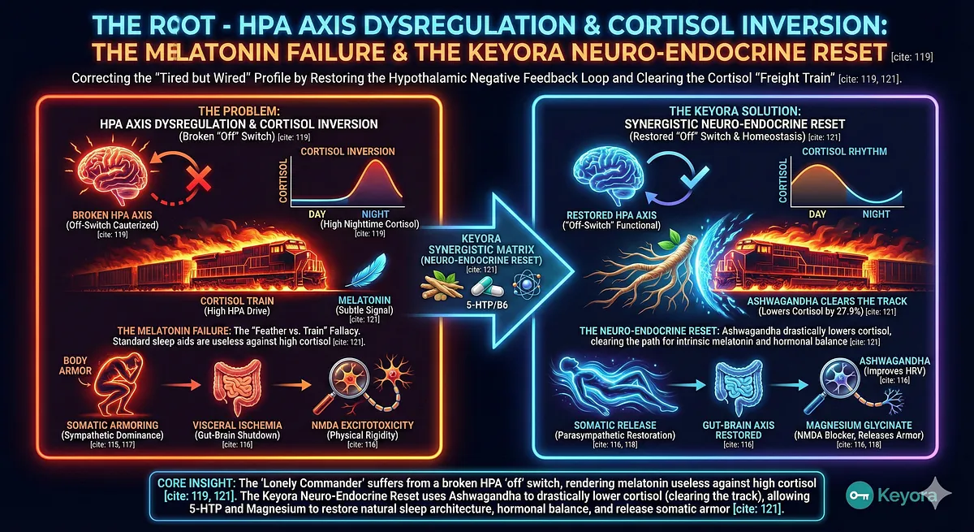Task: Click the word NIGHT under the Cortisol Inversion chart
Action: (x=370, y=214)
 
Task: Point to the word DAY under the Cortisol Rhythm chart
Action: (x=817, y=214)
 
